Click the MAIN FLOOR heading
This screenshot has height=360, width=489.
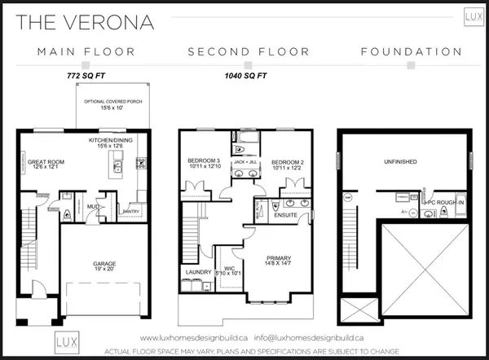86,52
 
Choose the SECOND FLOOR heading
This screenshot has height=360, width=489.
249,52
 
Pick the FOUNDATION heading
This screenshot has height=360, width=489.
412,52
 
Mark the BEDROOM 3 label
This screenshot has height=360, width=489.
203,160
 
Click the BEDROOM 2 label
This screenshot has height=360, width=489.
288,160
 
